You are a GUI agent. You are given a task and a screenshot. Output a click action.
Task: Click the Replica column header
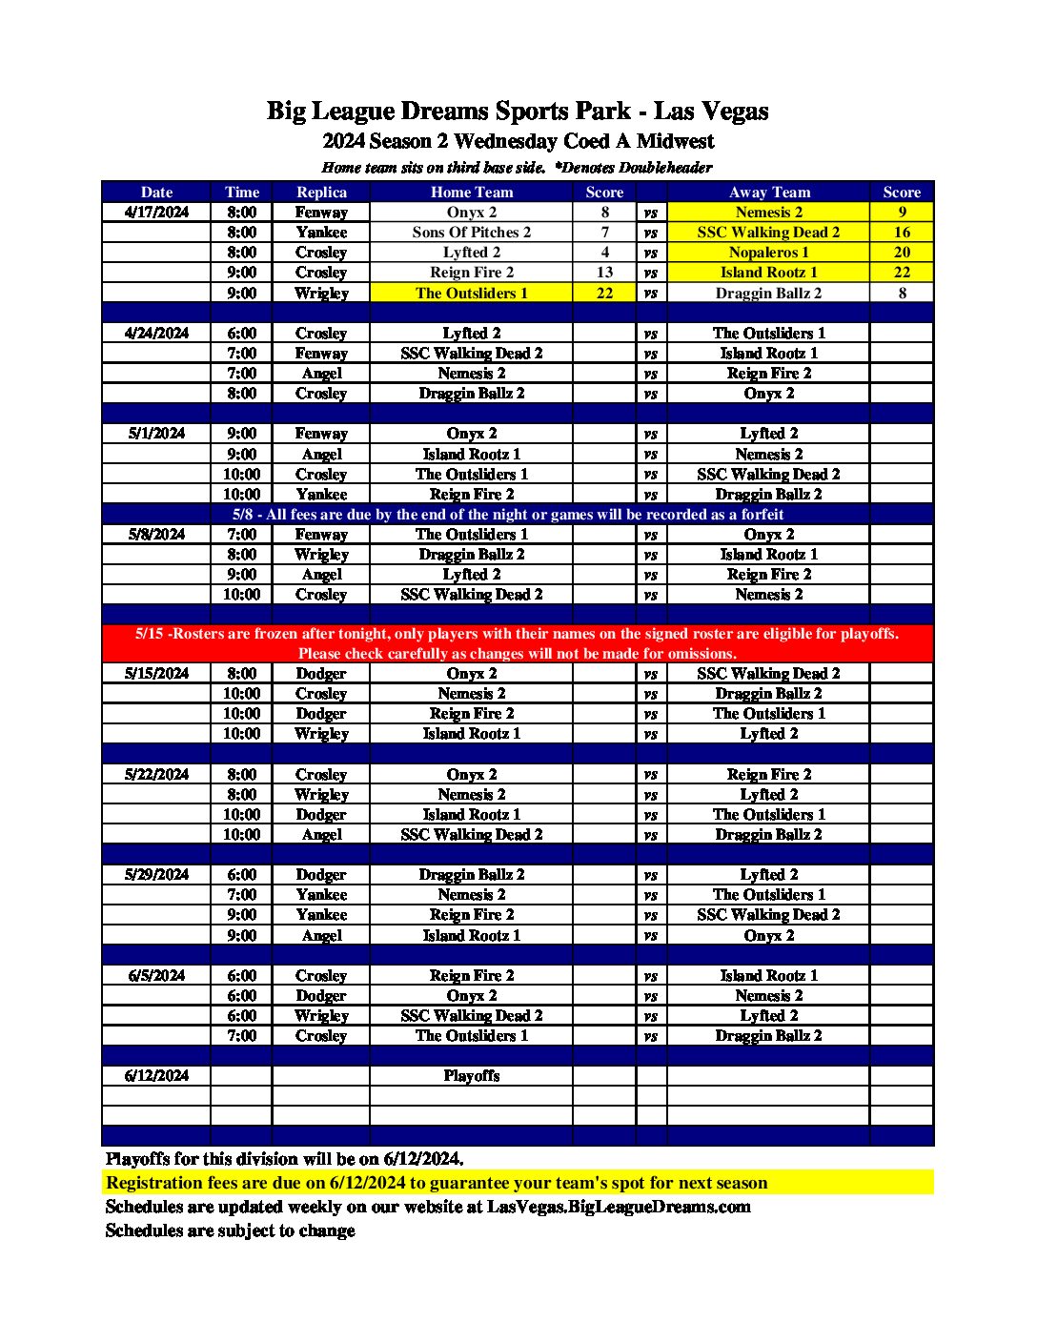321,192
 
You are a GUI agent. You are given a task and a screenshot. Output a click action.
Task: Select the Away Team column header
769,192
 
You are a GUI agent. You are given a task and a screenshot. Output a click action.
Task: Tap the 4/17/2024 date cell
156,212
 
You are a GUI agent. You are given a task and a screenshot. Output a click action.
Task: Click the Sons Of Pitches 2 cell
471,232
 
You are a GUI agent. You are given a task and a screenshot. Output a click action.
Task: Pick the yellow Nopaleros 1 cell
768,253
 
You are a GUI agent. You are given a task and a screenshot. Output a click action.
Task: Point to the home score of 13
604,273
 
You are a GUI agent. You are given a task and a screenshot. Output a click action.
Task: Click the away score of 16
902,232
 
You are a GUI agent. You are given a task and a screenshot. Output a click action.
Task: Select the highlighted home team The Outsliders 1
471,293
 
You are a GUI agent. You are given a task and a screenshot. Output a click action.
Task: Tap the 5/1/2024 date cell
156,434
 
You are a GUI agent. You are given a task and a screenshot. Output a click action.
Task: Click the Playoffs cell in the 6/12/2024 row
471,1075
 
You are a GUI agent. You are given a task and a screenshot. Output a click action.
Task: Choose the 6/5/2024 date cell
156,975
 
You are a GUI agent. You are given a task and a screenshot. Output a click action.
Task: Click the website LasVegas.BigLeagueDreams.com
619,1207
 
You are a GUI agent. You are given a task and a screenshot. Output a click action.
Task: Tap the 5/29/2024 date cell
156,874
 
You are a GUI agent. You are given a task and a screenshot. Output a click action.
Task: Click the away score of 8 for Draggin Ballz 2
902,293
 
